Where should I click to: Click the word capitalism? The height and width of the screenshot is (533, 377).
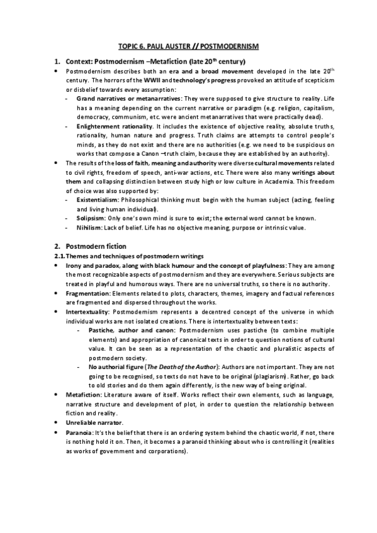324,108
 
